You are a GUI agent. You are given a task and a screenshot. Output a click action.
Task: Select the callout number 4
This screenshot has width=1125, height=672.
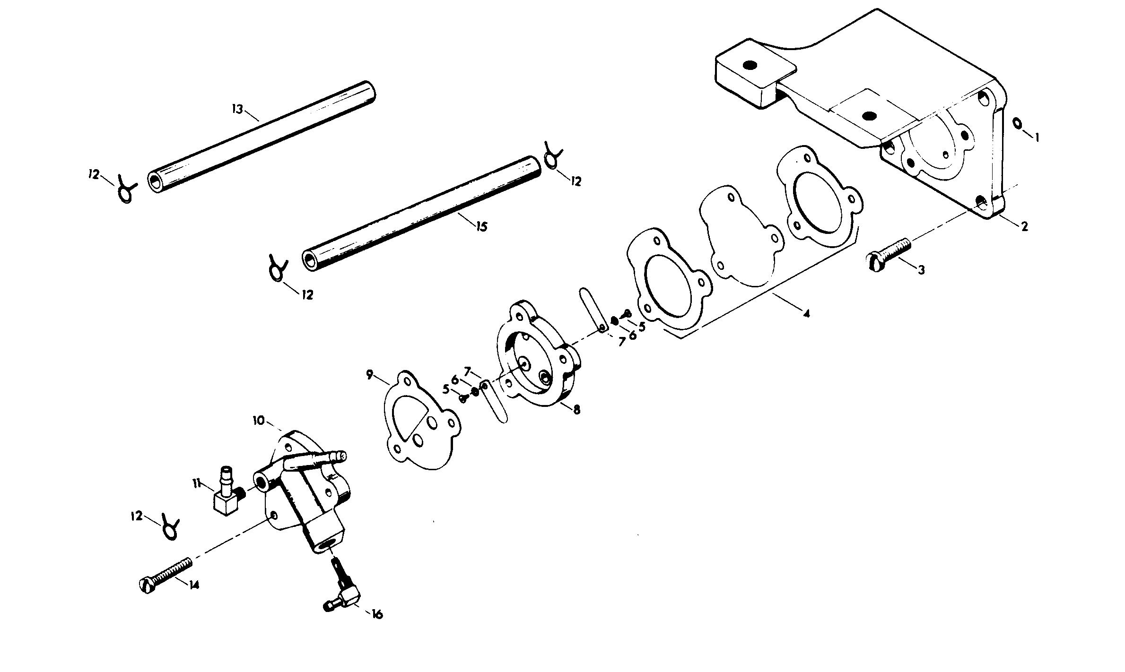point(806,313)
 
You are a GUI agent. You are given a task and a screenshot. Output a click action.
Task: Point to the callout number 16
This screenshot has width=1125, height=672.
point(377,614)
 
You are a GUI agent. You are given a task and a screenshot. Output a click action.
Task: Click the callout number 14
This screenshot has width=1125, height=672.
point(194,585)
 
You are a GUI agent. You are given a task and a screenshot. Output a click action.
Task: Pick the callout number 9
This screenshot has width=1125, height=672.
point(370,375)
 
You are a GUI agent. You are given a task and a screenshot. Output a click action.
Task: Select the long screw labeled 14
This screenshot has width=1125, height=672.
point(166,573)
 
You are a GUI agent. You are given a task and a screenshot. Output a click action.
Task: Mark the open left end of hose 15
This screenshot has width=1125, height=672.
point(310,261)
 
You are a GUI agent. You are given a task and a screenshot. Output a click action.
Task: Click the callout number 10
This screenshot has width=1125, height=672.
point(260,420)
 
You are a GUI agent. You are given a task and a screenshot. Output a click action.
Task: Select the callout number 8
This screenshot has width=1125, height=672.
point(576,410)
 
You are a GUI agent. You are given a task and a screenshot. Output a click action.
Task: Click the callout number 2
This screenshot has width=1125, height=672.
point(1024,227)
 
